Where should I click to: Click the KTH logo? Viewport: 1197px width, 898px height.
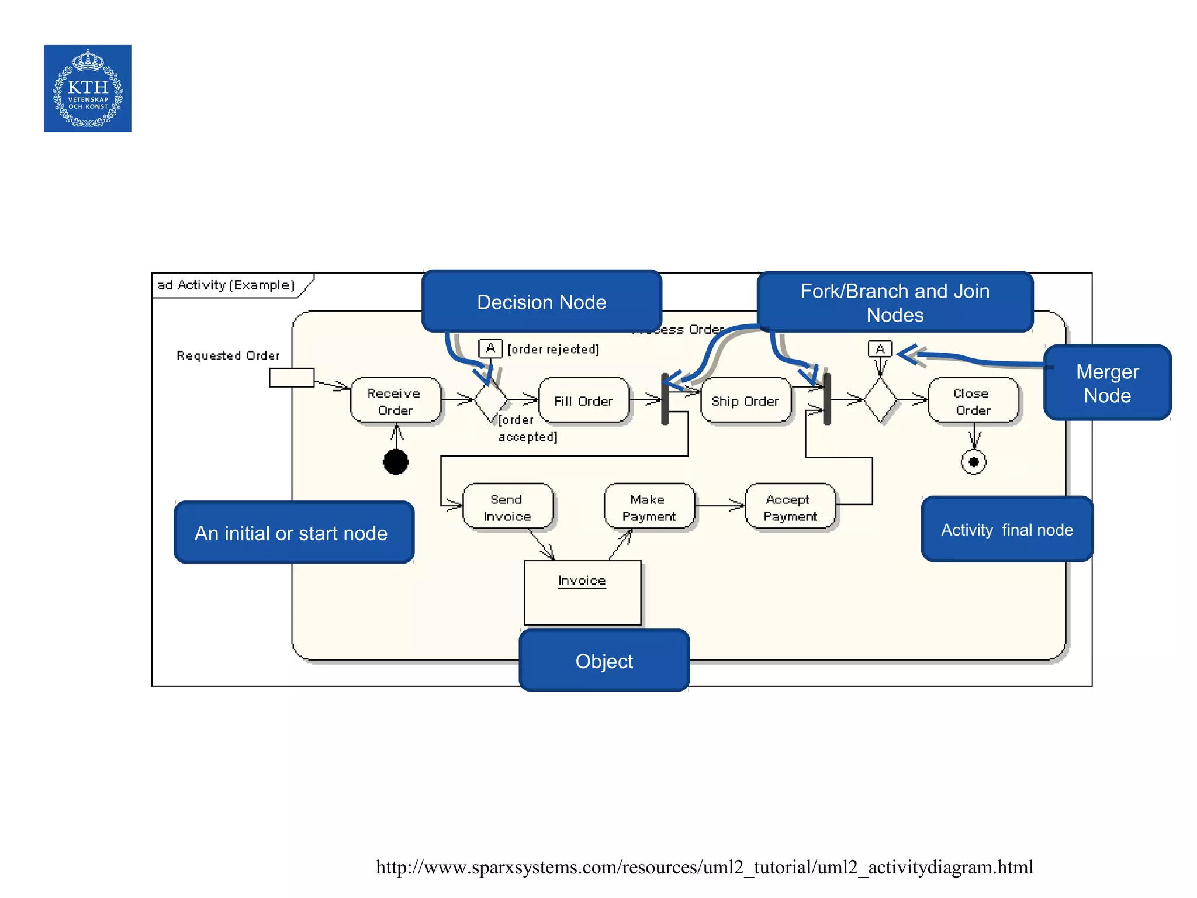click(x=88, y=88)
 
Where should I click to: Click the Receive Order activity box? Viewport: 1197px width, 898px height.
click(x=395, y=401)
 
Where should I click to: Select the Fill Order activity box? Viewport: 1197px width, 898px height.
click(x=583, y=401)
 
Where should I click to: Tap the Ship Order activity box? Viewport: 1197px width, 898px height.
click(x=745, y=401)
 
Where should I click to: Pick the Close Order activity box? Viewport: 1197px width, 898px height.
click(x=973, y=401)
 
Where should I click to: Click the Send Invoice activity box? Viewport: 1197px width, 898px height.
click(x=507, y=507)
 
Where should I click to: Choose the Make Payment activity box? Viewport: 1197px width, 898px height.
click(x=649, y=507)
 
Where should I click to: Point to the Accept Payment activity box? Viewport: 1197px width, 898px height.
click(x=790, y=507)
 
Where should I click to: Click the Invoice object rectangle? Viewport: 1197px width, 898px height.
click(x=582, y=593)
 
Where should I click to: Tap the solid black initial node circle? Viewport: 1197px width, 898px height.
click(x=396, y=462)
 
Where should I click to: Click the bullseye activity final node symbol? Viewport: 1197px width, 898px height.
click(x=973, y=462)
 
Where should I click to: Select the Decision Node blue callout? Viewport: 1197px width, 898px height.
click(x=541, y=302)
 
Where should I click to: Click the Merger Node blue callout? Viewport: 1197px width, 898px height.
click(x=1107, y=383)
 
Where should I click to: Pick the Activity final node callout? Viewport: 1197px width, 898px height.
click(x=1006, y=530)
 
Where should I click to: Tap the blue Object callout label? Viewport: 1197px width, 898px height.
click(x=604, y=661)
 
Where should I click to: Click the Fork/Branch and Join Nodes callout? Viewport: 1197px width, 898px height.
click(x=894, y=302)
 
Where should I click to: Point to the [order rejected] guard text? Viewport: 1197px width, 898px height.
click(x=553, y=349)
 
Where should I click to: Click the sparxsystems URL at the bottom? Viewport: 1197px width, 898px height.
click(x=704, y=867)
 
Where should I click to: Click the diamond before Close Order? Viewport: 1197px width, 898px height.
click(x=880, y=400)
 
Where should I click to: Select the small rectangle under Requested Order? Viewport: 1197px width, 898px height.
click(x=292, y=378)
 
